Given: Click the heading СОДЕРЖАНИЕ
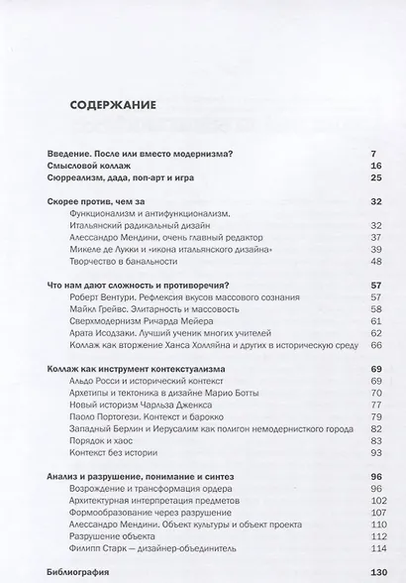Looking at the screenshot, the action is point(113,103).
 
